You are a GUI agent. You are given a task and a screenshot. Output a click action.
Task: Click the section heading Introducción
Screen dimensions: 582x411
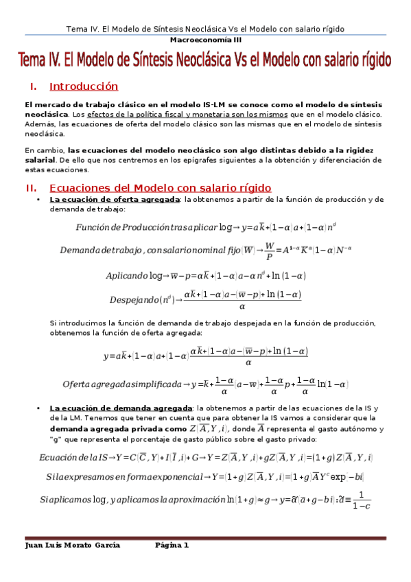coord(84,86)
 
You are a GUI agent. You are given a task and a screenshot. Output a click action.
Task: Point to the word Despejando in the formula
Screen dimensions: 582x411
coord(134,299)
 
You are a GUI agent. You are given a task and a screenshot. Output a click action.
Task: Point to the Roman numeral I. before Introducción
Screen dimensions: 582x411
coord(32,87)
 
